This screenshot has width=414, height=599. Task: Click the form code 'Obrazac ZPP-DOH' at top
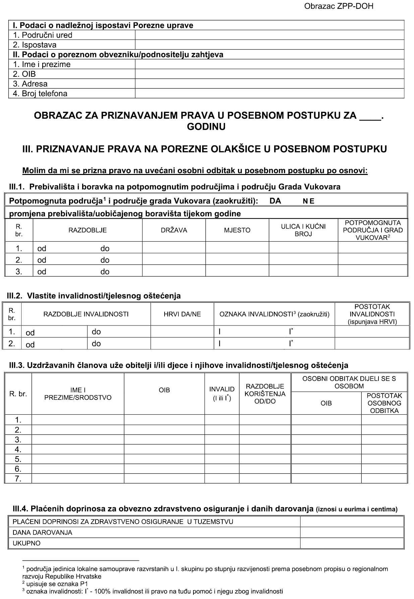pos(339,6)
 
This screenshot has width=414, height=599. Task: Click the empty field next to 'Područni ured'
pos(269,35)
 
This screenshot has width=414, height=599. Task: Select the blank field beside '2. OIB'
pos(269,74)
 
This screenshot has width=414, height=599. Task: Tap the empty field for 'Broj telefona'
pos(269,94)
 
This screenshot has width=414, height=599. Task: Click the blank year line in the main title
pos(370,117)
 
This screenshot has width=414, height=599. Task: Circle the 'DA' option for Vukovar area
pos(275,201)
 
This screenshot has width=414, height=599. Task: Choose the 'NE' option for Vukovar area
pos(309,201)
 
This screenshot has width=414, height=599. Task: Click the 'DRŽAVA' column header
pos(174,230)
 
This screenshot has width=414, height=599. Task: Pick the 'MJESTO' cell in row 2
pos(237,260)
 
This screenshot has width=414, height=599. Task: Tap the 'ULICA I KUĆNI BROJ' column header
pos(303,230)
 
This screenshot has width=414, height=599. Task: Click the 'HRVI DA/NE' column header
pos(182,314)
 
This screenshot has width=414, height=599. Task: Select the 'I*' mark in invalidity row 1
pos(291,332)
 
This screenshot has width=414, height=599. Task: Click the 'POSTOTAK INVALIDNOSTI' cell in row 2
pos(372,344)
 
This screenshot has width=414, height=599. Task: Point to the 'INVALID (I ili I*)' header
pos(222,394)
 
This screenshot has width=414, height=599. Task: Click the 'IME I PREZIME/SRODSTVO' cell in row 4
pos(78,450)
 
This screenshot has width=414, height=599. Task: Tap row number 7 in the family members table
pos(18,479)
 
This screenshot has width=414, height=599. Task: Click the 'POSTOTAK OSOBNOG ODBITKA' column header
pos(384,403)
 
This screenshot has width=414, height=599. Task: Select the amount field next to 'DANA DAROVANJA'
pos(352,532)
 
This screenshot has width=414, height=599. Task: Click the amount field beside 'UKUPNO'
pos(352,543)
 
